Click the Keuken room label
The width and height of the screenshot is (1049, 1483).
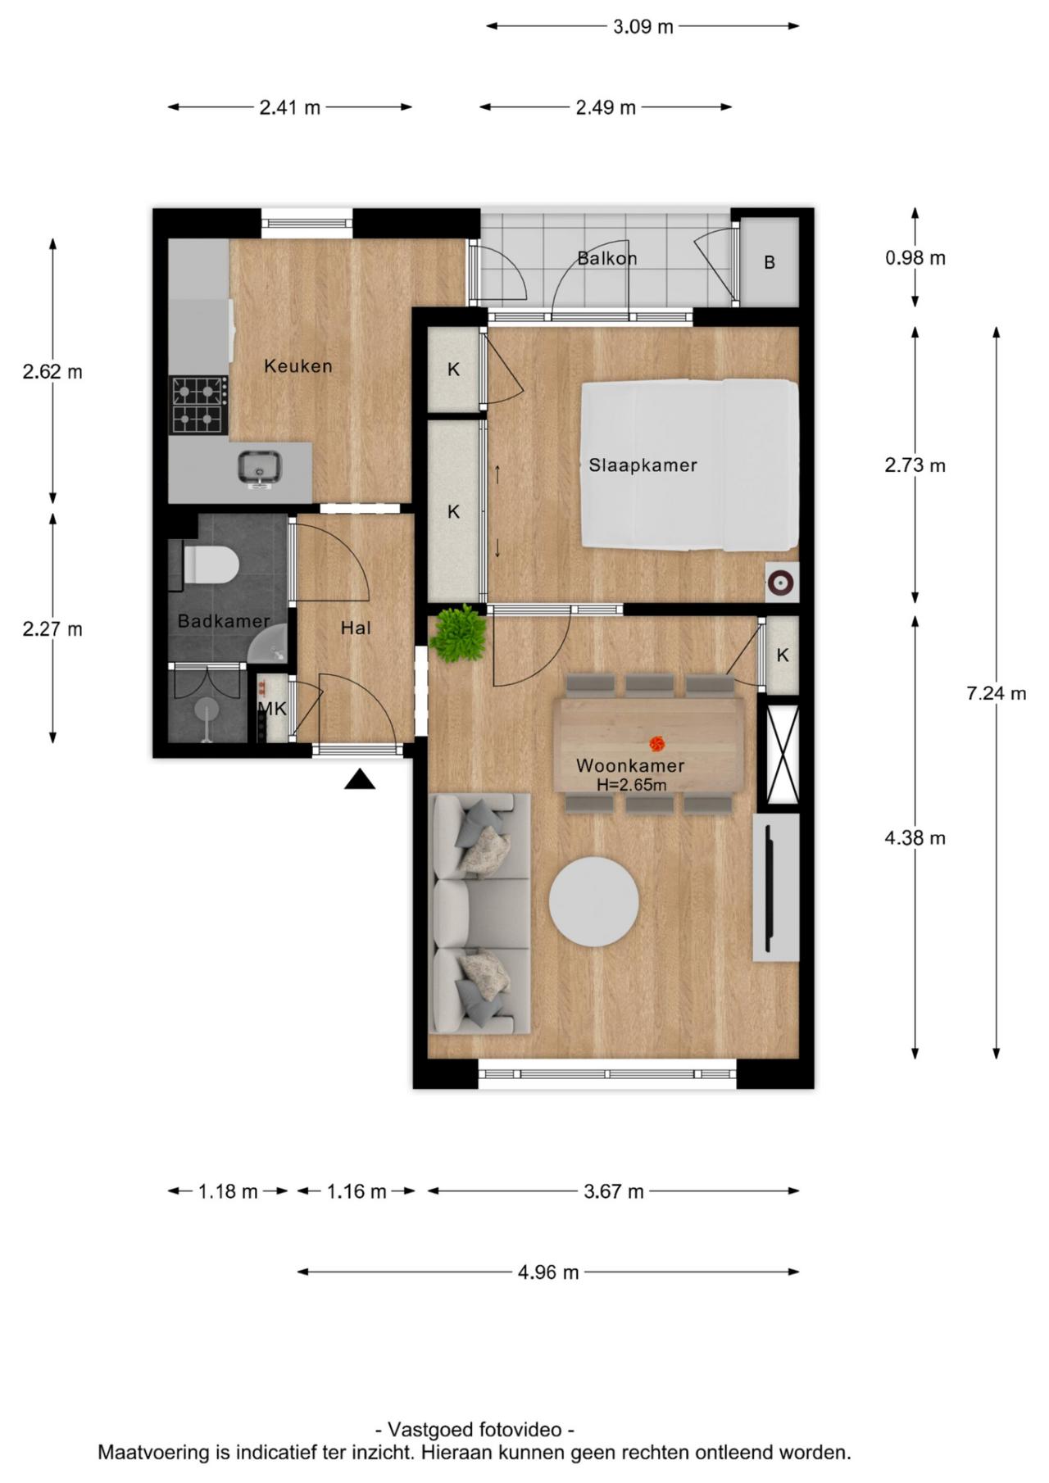click(x=297, y=366)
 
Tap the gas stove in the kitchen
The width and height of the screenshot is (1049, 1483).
click(x=198, y=405)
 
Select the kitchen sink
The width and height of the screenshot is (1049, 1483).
click(x=261, y=468)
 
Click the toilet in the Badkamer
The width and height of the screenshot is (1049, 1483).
click(x=211, y=565)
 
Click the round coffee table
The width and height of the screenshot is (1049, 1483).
click(x=593, y=901)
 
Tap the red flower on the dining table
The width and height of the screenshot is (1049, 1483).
click(x=656, y=744)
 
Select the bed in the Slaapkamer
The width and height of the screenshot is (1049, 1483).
click(x=688, y=465)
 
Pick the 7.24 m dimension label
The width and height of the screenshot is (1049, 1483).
click(x=996, y=693)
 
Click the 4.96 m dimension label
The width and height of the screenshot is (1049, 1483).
click(x=547, y=1272)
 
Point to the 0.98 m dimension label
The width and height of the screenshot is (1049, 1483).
click(x=915, y=258)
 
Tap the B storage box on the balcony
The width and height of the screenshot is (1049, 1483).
click(x=769, y=262)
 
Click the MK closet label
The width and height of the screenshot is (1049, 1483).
click(x=272, y=709)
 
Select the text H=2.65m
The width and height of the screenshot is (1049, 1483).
click(x=630, y=785)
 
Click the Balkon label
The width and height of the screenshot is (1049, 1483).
click(x=606, y=258)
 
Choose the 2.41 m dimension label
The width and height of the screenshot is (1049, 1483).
click(x=289, y=107)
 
